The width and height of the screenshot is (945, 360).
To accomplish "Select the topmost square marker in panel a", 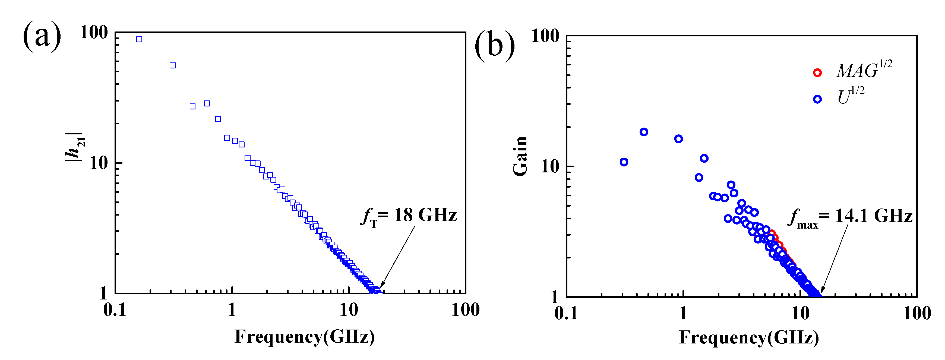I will click(139, 39).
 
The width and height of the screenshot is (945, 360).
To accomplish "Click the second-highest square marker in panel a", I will click(172, 65).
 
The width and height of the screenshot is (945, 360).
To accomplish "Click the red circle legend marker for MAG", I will click(817, 73).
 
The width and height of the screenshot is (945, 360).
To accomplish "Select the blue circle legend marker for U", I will click(817, 99).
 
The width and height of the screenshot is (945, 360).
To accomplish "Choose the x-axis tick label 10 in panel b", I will click(800, 313).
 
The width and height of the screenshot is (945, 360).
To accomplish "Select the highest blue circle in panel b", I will click(644, 132).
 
